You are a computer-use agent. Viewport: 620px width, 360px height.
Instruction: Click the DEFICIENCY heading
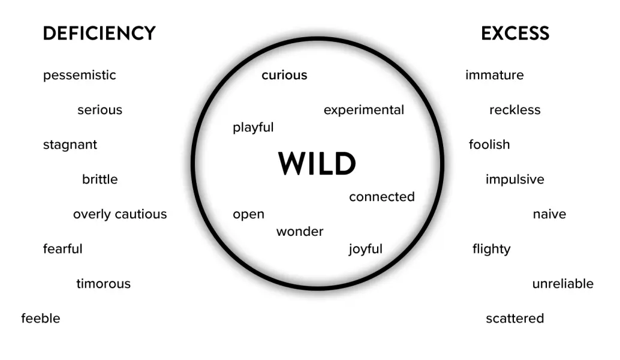(99, 34)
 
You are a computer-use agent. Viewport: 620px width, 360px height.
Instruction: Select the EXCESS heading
(515, 34)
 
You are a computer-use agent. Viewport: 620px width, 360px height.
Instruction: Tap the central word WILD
(317, 164)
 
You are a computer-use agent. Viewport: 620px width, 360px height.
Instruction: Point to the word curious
(284, 75)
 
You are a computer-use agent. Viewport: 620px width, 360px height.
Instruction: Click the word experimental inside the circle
(363, 110)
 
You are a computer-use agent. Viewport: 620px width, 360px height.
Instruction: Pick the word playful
(253, 127)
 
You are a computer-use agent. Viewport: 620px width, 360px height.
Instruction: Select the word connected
(381, 197)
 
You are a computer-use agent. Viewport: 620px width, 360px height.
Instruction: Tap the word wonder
(300, 232)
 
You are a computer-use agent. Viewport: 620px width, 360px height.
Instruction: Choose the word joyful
(365, 249)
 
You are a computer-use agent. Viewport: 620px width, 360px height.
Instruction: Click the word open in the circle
(248, 214)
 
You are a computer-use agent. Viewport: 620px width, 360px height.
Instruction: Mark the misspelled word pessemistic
(79, 76)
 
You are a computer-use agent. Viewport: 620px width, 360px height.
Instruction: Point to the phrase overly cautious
(120, 214)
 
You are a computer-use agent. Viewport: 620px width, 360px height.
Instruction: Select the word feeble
(41, 318)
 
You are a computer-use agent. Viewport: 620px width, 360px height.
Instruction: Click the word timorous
(103, 283)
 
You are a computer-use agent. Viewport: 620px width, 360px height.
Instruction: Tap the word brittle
(100, 179)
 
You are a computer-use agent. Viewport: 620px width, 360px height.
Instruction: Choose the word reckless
(514, 110)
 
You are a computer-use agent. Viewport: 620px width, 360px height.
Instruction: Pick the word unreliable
(562, 283)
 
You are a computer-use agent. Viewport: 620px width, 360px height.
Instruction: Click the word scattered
(514, 318)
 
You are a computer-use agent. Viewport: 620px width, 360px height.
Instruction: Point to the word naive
(549, 214)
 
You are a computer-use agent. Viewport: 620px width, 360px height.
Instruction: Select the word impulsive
(514, 179)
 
